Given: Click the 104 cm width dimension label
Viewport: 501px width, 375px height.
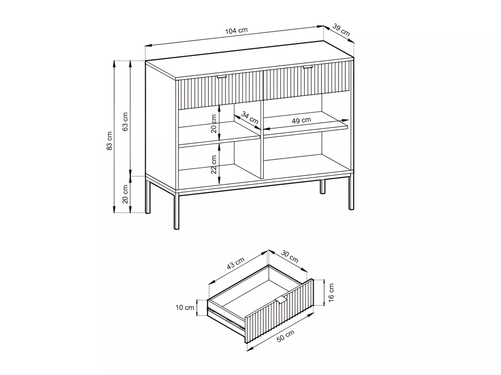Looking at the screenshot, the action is pos(236,30).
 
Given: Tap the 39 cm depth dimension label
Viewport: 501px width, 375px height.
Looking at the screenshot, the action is pos(341,30).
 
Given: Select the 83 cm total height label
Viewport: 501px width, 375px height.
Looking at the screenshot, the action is pos(110,141).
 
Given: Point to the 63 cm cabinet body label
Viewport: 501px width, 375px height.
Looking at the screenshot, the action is pos(125,122).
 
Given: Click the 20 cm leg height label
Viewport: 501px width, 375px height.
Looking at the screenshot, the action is pos(125,194).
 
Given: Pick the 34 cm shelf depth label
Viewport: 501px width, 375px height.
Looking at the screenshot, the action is pos(250,117).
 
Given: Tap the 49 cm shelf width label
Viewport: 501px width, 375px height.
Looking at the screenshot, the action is pos(302,120).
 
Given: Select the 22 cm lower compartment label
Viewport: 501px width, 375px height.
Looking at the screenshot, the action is pos(214,164).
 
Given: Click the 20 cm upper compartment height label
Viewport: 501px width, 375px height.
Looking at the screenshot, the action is pos(214,123).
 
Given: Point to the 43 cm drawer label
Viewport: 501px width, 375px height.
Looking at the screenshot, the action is pos(235,263).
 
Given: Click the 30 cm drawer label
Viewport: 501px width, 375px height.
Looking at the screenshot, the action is pos(290,256).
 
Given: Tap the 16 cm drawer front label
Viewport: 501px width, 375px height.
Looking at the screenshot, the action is pos(331,292).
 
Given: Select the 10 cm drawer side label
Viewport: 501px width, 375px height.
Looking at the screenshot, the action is pos(184,307).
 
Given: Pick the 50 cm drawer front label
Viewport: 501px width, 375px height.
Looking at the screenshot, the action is pos(285,336).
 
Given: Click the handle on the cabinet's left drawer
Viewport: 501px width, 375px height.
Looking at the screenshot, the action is pos(221,77).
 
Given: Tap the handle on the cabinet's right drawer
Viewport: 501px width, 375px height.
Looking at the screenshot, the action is pos(308,67).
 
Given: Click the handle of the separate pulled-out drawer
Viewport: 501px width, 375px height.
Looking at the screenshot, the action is pos(281,300).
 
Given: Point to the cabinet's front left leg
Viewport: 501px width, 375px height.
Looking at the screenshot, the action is pos(176,210).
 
